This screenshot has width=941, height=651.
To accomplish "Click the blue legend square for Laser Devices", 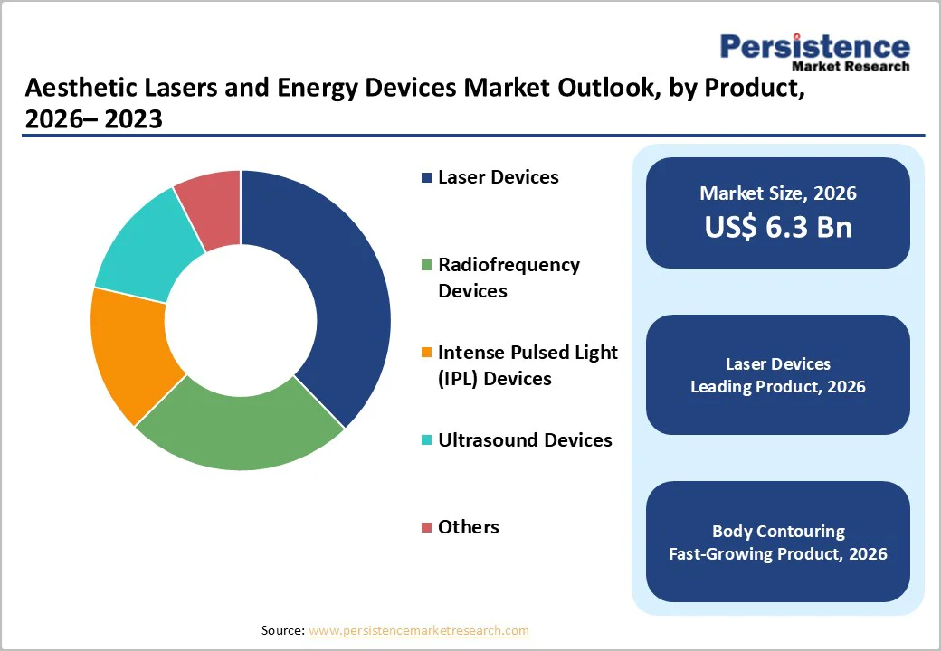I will click(426, 178).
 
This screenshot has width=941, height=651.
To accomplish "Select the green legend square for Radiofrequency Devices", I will click(426, 266).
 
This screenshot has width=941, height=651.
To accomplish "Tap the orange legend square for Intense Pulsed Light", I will click(426, 354).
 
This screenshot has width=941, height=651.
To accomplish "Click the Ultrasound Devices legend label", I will click(525, 440).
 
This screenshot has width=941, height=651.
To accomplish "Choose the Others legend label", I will click(468, 527).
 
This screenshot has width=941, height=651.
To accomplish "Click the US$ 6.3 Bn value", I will click(778, 227).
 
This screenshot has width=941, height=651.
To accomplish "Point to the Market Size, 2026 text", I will click(778, 193).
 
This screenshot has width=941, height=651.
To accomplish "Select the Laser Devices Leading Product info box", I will click(778, 375).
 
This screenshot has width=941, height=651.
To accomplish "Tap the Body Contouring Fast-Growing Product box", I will click(778, 542).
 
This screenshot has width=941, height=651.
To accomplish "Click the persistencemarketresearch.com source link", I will click(418, 630).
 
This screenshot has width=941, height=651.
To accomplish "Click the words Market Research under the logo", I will click(850, 66).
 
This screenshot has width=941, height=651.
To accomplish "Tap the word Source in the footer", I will click(282, 630).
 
